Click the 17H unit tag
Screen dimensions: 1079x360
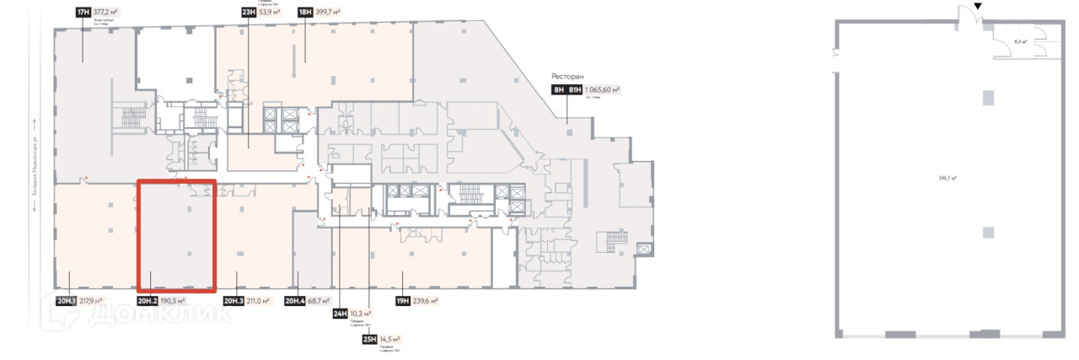(x=83, y=13)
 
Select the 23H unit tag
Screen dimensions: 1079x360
(x=248, y=13)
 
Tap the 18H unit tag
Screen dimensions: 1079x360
(x=304, y=13)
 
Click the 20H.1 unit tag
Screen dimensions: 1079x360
(x=67, y=300)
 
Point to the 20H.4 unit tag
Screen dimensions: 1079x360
(x=295, y=300)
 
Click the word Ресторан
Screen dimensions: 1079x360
(x=569, y=75)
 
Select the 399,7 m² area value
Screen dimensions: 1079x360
(x=333, y=13)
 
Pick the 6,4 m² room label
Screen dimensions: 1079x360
(x=1020, y=40)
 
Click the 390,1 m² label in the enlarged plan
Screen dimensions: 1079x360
(x=953, y=178)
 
